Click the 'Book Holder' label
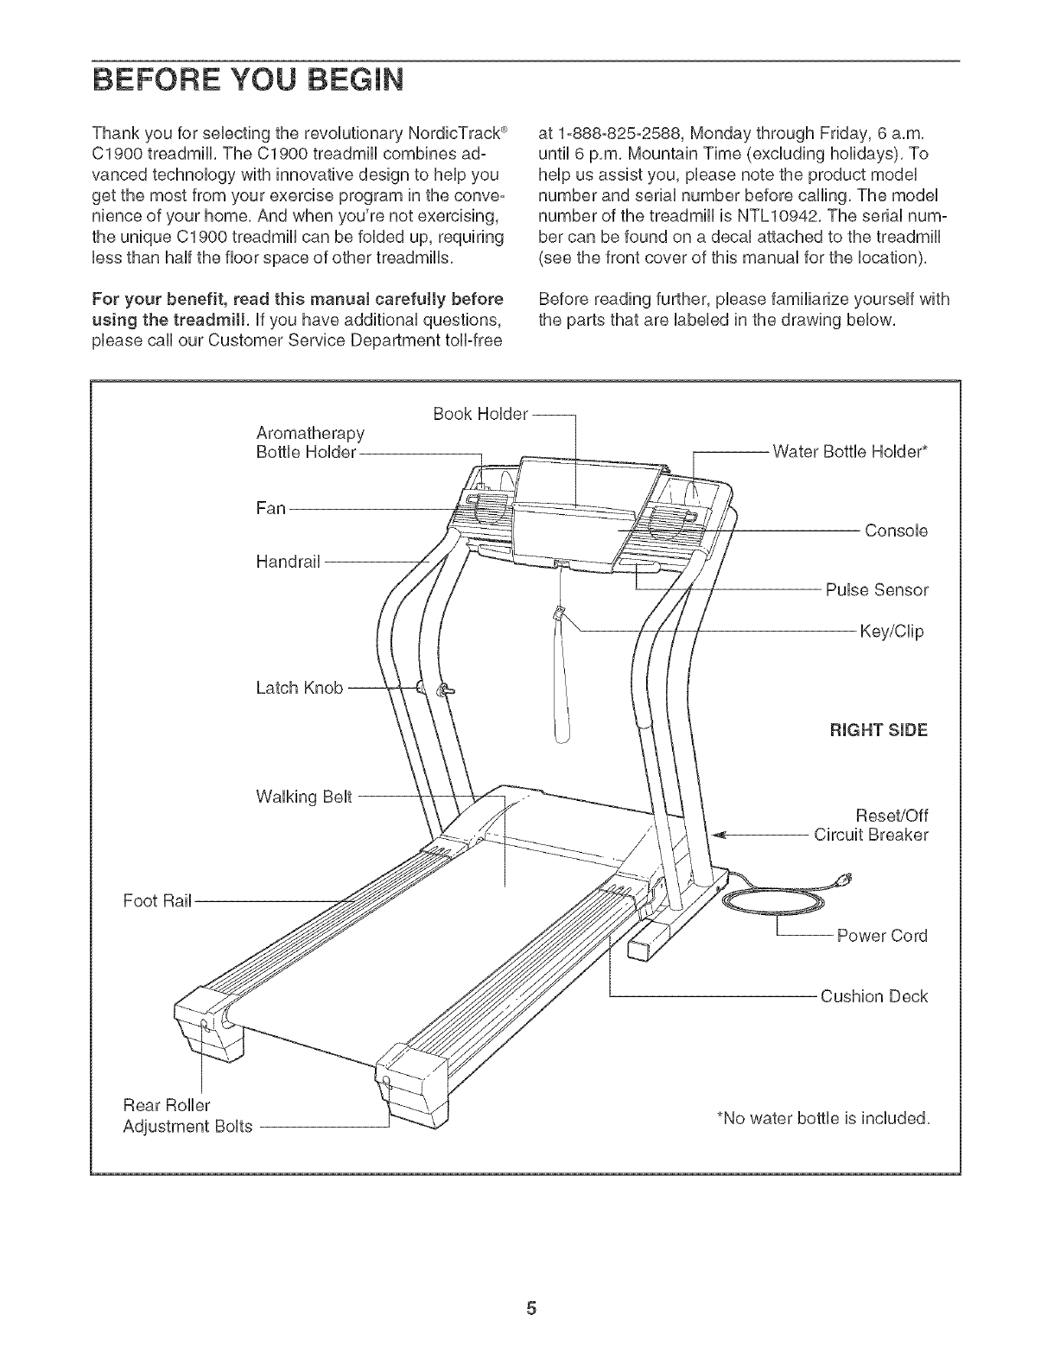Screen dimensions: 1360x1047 coord(480,414)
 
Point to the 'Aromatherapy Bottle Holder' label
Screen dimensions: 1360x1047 coord(310,442)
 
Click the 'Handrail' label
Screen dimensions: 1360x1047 coord(289,562)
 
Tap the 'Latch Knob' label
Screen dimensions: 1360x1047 coord(300,688)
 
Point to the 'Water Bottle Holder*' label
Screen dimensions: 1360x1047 coord(850,451)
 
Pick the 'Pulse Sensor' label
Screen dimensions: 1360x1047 coord(876,591)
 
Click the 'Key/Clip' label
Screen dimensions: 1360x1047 coord(892,632)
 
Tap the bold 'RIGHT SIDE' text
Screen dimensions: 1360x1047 coord(879,730)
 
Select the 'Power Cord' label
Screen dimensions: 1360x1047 coord(882,936)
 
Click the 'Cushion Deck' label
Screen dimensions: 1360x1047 coord(873,996)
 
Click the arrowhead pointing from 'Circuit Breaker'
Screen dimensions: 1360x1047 coord(726,836)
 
